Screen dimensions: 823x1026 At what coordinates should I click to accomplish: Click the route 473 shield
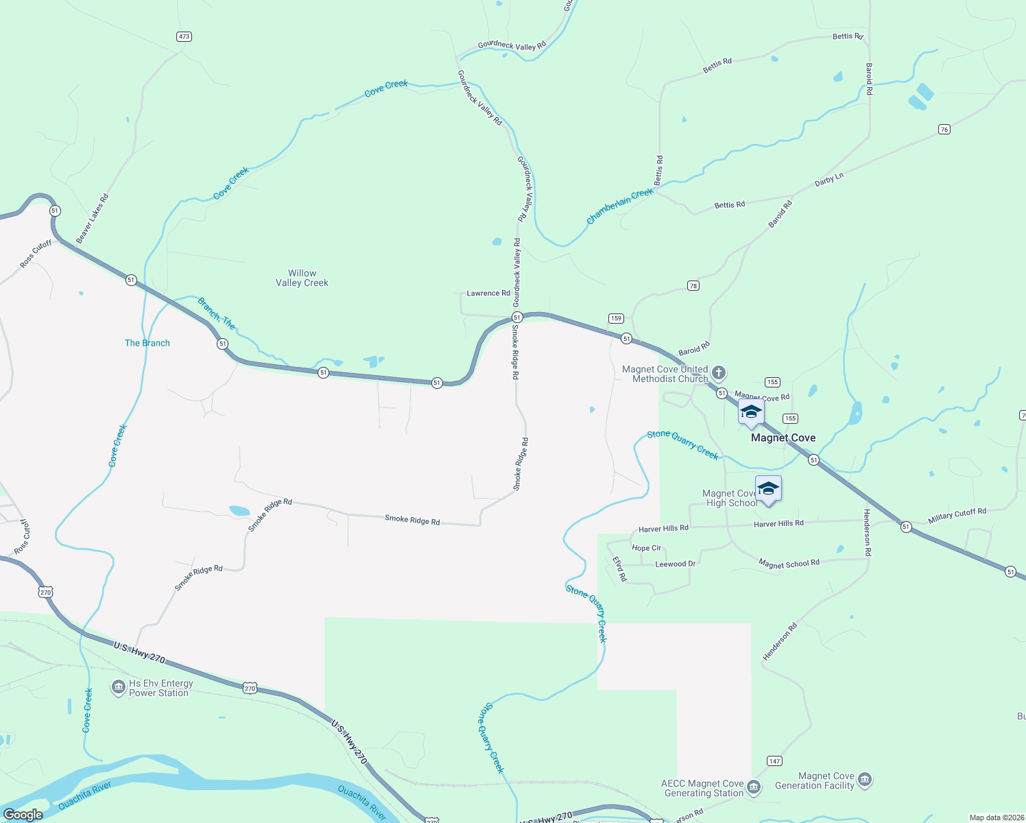point(184,36)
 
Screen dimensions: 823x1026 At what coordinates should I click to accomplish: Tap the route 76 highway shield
point(944,130)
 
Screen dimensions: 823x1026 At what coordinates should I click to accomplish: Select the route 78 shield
point(693,285)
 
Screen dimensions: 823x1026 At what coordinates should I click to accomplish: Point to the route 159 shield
point(616,318)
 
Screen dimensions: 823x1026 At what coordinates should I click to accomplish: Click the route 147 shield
point(774,761)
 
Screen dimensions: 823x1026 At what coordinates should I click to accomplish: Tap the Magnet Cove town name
point(783,438)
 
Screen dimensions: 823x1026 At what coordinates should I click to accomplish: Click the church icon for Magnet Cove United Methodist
point(718,373)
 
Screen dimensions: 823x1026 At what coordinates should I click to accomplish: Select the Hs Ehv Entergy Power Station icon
point(118,687)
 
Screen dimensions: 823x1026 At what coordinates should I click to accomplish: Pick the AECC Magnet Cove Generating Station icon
point(754,787)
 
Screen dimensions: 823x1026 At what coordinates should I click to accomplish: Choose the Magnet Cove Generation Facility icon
point(865,780)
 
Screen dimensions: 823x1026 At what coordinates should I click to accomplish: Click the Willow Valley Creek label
point(302,278)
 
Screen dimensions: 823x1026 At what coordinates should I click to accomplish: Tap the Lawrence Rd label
point(488,293)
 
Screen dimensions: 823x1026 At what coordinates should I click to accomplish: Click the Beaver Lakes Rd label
point(92,219)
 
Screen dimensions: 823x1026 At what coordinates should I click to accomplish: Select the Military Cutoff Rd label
point(957,516)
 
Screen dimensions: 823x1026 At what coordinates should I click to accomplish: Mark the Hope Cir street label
point(646,548)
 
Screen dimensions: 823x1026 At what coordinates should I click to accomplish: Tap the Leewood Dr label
point(676,564)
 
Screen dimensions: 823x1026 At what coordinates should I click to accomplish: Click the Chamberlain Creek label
point(620,206)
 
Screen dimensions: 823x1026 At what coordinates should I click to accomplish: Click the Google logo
point(23,815)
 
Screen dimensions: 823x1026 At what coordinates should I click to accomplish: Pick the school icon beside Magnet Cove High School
point(768,489)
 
